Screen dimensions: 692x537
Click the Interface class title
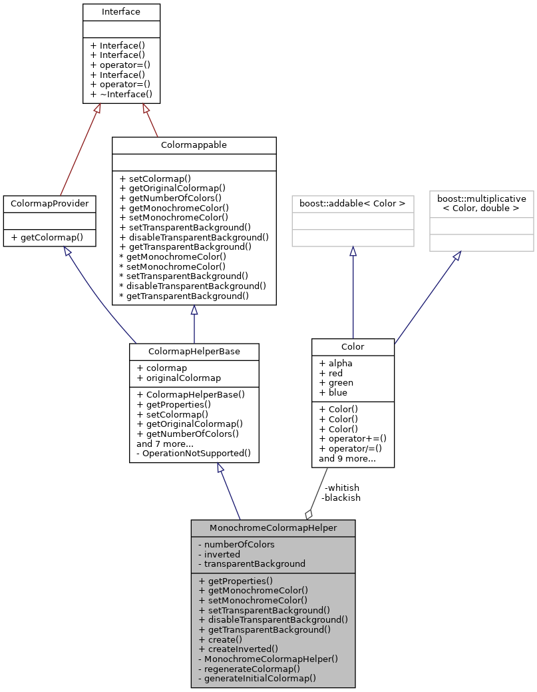pyautogui.click(x=121, y=12)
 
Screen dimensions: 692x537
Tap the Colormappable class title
pyautogui.click(x=194, y=145)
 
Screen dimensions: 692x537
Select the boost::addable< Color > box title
pyautogui.click(x=353, y=202)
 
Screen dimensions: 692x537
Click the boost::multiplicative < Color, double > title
pyautogui.click(x=481, y=203)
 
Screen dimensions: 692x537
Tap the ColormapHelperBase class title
pyautogui.click(x=194, y=351)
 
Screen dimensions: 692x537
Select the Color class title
pyautogui.click(x=353, y=346)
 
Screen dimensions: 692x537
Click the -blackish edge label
pyautogui.click(x=341, y=498)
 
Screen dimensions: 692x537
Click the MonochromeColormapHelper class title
pyautogui.click(x=273, y=527)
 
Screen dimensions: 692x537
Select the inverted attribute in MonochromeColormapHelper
pyautogui.click(x=222, y=553)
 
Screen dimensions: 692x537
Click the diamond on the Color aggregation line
pyautogui.click(x=308, y=514)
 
